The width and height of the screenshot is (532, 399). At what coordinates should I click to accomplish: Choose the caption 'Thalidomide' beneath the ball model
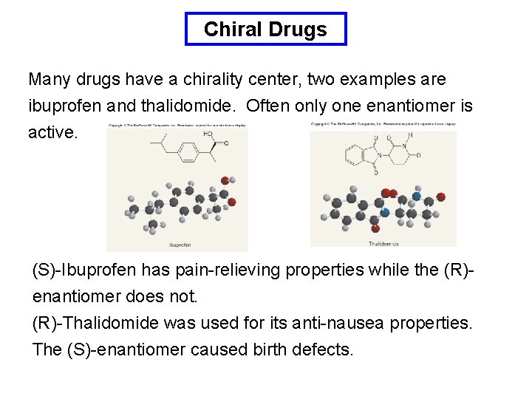pos(383,243)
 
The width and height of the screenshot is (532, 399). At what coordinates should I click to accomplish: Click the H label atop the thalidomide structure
pos(409,136)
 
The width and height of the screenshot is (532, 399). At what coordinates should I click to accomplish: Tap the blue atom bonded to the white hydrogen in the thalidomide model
pos(417,197)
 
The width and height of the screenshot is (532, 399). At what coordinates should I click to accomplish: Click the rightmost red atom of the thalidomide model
pos(441,197)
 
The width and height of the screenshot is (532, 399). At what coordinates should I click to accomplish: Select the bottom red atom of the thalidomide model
pos(375,228)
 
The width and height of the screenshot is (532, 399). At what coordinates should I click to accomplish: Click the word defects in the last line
pos(324,349)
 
